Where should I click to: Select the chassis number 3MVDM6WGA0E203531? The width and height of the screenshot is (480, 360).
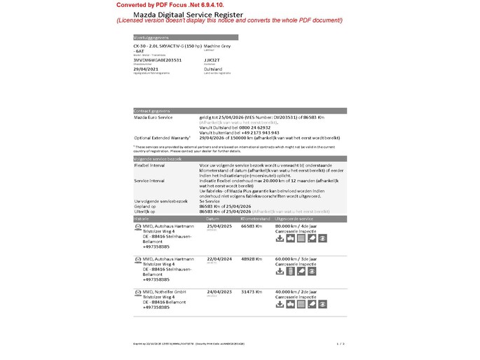click(x=157, y=60)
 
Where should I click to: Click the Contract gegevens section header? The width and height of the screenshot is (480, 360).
click(x=153, y=111)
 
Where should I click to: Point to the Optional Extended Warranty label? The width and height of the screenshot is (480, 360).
click(x=161, y=137)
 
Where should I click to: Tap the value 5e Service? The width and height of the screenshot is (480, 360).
click(x=211, y=202)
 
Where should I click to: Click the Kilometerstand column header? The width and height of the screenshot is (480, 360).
click(x=255, y=219)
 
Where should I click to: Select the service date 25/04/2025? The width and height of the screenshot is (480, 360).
click(x=220, y=226)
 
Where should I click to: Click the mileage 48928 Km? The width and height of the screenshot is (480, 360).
click(x=252, y=258)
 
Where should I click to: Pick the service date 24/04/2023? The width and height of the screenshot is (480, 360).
click(x=220, y=291)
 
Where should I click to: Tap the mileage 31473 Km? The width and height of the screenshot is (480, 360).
click(x=252, y=291)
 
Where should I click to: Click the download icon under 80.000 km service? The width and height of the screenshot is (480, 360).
click(x=280, y=238)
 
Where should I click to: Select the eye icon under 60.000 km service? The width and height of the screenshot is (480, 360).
click(x=322, y=271)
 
